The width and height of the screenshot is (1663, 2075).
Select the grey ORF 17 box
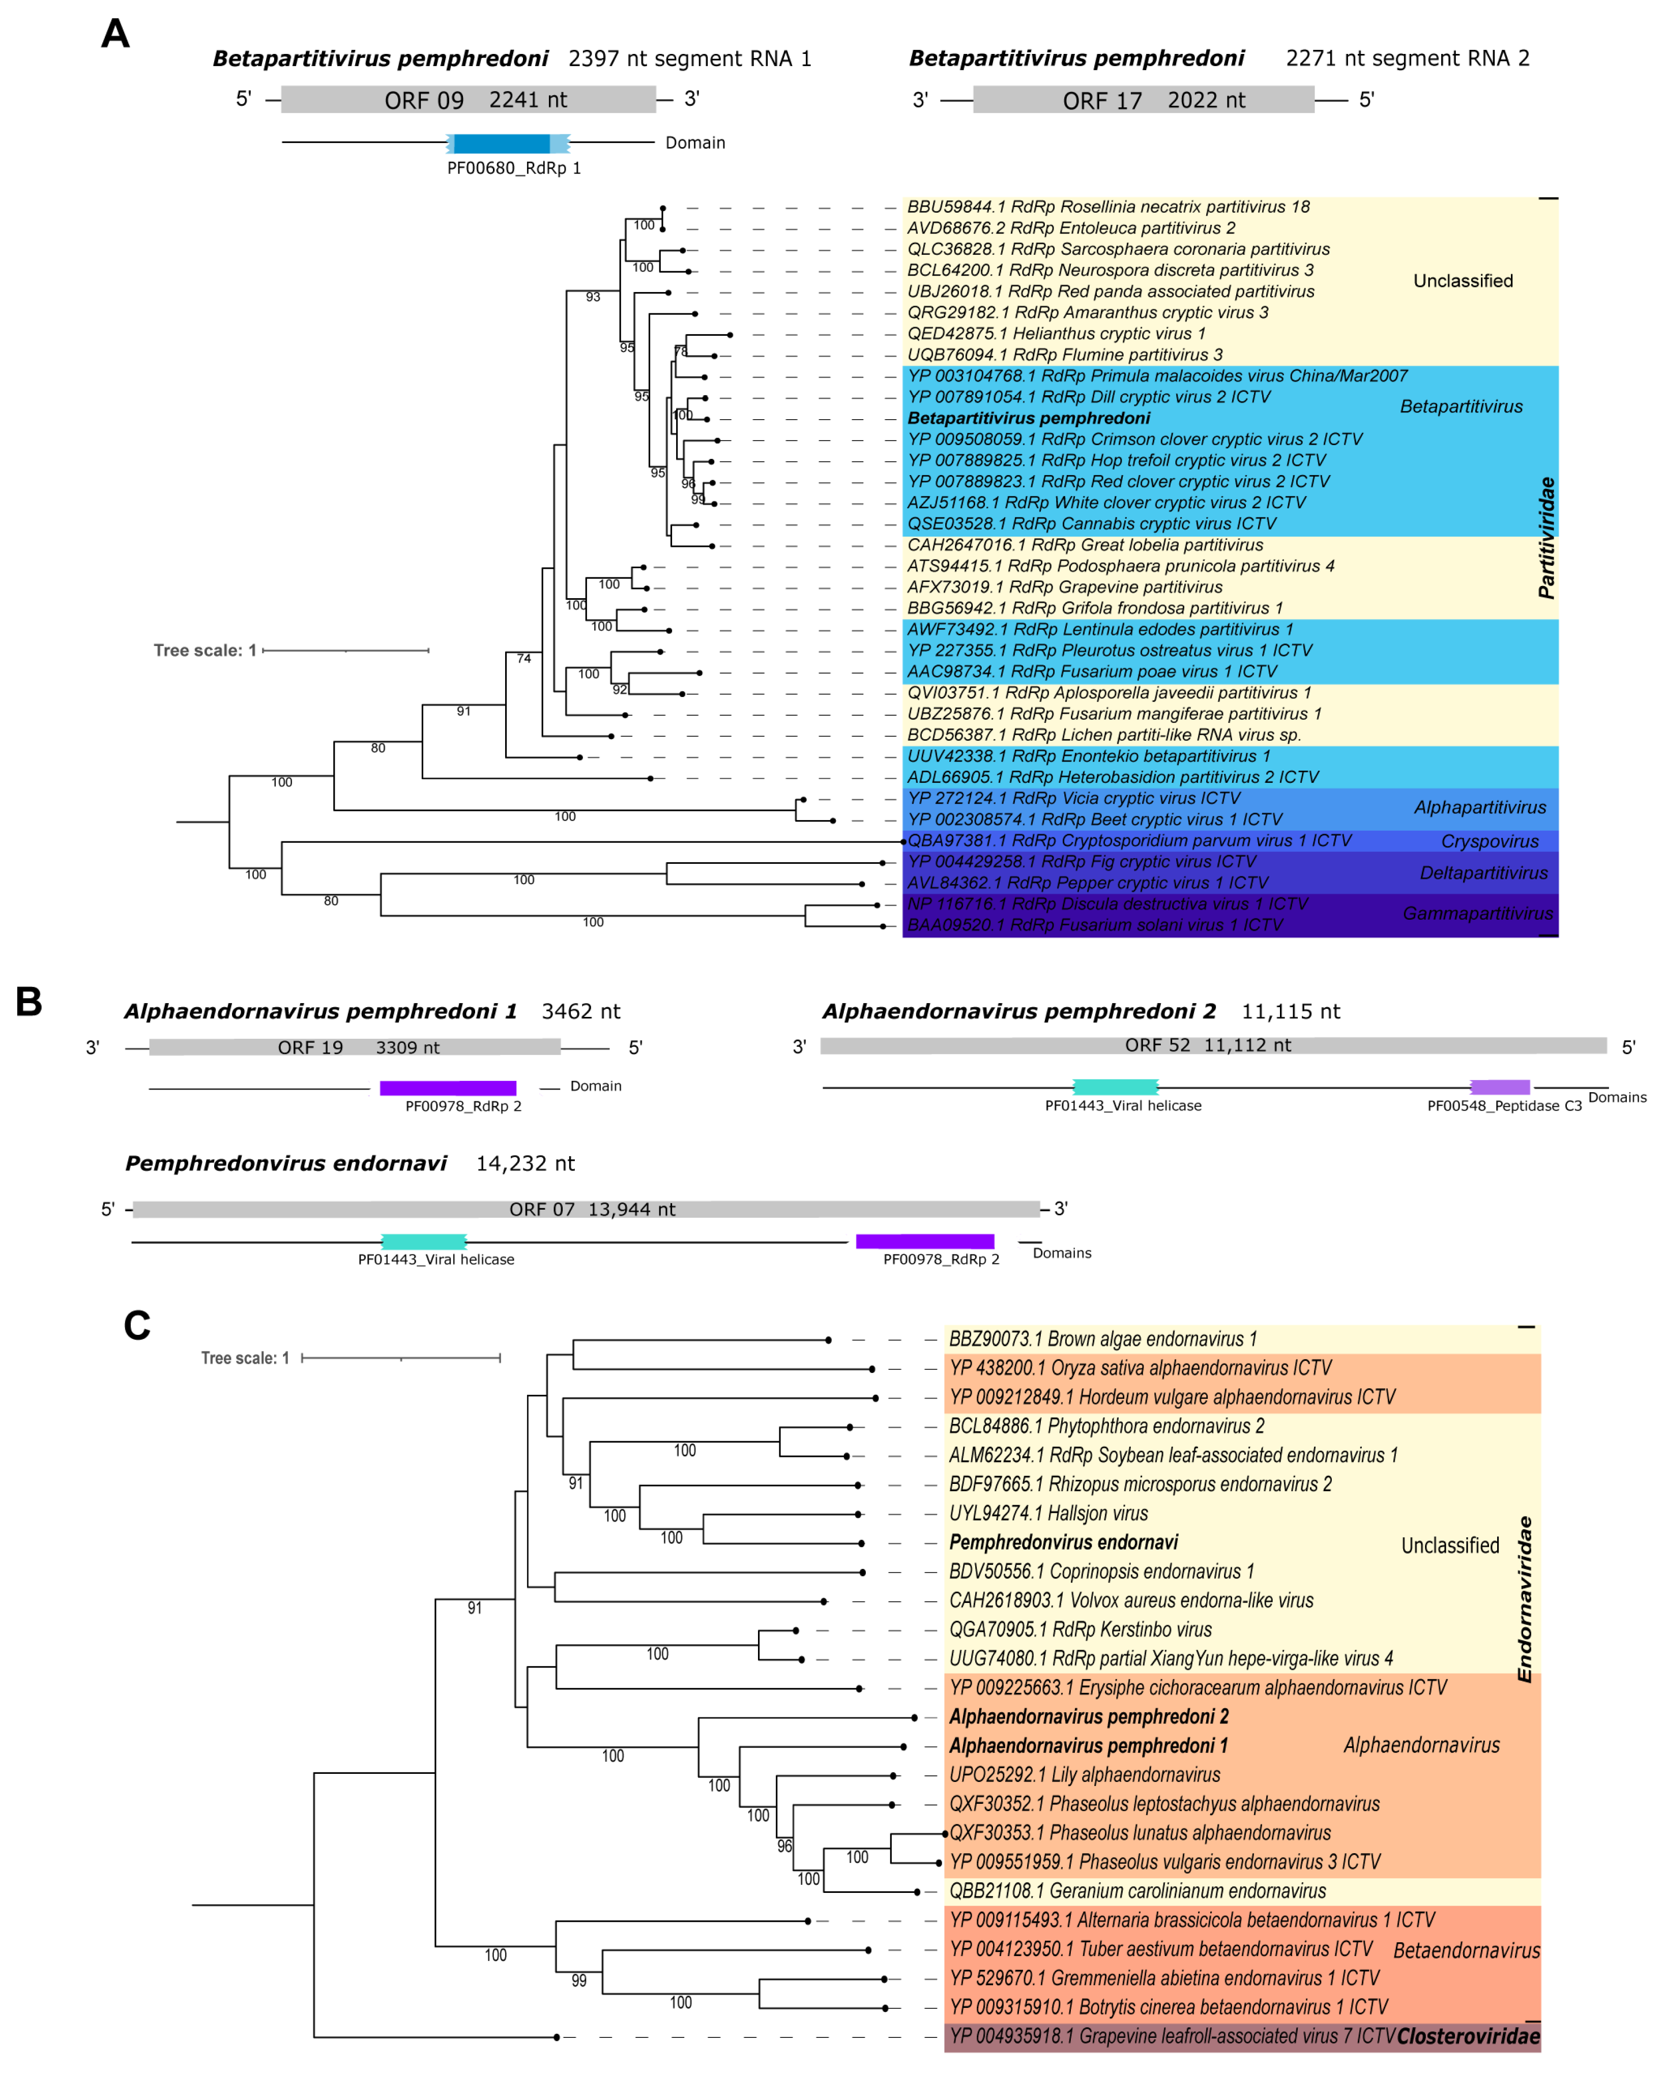1143,99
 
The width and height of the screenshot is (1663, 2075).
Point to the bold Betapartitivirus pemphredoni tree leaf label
1028,418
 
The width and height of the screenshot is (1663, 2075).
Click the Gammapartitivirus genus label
1477,913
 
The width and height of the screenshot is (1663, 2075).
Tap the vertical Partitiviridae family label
1545,538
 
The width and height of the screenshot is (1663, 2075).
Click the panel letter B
29,1002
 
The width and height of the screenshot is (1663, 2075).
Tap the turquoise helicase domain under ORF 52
1115,1088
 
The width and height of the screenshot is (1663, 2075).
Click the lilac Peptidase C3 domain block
1499,1088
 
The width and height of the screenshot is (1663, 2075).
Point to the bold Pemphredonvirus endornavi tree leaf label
1063,1542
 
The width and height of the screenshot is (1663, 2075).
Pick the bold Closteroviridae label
1468,2035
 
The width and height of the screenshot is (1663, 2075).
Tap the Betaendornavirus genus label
1466,1950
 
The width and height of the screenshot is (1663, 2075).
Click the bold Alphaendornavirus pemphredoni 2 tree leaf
1089,1716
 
